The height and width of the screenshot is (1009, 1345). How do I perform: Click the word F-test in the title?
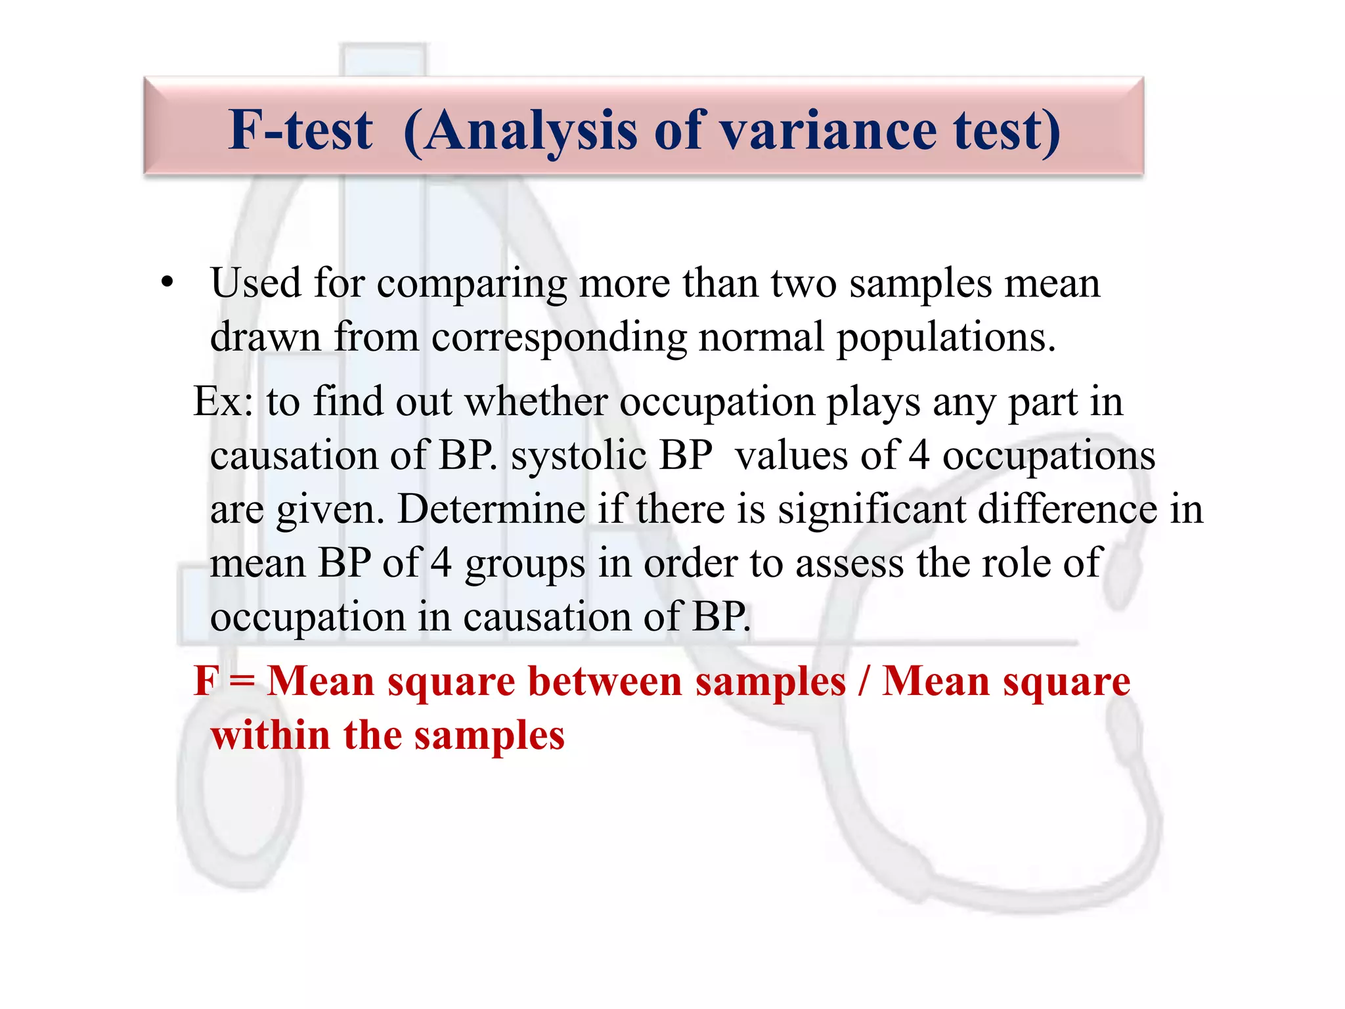301,130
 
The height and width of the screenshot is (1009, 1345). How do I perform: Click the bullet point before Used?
167,283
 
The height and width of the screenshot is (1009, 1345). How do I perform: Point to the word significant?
871,510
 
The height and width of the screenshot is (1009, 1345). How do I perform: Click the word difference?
1067,509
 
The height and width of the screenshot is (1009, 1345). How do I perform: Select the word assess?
850,564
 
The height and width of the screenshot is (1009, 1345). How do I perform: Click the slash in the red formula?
863,681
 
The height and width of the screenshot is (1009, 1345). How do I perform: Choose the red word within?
270,735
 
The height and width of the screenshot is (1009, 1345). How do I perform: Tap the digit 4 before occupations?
919,455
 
